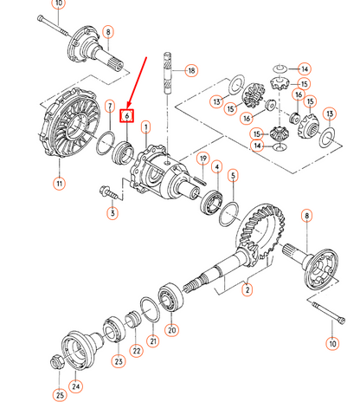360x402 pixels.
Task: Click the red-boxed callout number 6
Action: [x=127, y=114]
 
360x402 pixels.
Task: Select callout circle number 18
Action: [x=191, y=70]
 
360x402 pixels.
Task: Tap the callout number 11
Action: [x=59, y=183]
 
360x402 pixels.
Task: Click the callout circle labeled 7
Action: [x=110, y=107]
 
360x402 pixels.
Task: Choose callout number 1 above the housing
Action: [x=146, y=126]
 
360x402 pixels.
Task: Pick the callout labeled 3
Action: [x=112, y=211]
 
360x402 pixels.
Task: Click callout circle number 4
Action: [x=215, y=166]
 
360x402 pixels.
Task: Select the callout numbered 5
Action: [x=233, y=175]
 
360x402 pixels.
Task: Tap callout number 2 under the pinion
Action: [x=247, y=290]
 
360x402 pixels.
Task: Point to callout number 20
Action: [x=171, y=328]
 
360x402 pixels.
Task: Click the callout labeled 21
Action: [x=154, y=340]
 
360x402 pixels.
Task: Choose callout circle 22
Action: [x=136, y=350]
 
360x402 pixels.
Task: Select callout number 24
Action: [x=76, y=386]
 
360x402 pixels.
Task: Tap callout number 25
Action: [x=60, y=395]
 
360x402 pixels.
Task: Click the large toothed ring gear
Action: [x=260, y=230]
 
